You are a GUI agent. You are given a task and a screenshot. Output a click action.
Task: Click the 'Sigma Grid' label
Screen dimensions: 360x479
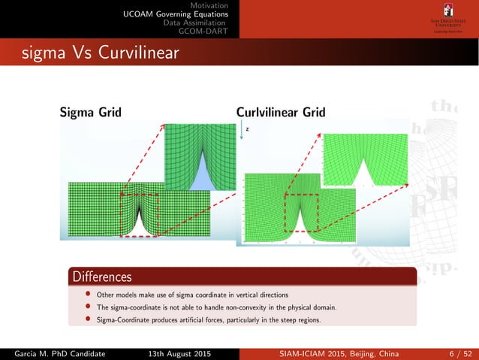(x=90, y=113)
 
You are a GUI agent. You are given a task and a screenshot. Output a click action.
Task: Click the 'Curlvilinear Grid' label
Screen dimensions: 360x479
(x=280, y=113)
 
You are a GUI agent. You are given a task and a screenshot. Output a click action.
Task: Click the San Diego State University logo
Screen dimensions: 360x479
(x=448, y=18)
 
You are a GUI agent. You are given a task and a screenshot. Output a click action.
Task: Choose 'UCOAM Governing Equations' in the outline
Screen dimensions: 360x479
(x=176, y=14)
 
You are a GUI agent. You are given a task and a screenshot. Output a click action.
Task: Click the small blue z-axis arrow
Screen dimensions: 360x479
(x=241, y=132)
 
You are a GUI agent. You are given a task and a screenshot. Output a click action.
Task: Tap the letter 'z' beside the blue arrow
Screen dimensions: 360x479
(x=247, y=129)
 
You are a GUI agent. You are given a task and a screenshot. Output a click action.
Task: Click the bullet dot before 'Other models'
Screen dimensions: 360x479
(x=88, y=293)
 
